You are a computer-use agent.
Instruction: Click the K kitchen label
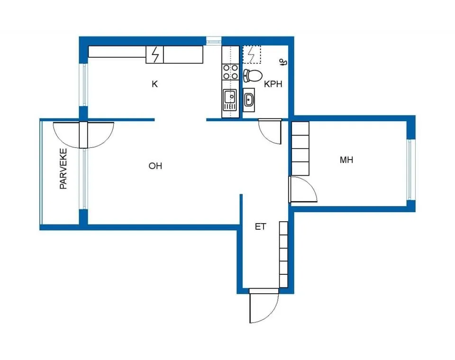coord(155,84)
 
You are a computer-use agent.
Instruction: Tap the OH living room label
coord(155,166)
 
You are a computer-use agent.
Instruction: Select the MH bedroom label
coord(346,160)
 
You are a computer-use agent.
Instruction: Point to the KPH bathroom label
coord(273,84)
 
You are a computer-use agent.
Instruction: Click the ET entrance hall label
coord(260,226)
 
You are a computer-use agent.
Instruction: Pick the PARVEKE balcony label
coord(63,169)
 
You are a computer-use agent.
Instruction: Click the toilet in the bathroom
coord(253,75)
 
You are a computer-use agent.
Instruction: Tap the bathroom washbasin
coord(249,100)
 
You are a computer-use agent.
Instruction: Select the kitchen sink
coord(230,100)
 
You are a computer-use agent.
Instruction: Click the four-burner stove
coord(230,72)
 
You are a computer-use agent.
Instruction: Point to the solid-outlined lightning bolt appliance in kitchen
coord(155,54)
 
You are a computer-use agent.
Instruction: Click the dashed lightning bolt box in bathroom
coord(252,54)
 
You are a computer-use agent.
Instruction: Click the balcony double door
coord(83,135)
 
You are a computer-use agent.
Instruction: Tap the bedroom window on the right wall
coord(409,170)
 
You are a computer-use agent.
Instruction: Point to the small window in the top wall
coord(214,41)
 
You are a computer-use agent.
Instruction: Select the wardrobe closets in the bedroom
coord(300,149)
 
